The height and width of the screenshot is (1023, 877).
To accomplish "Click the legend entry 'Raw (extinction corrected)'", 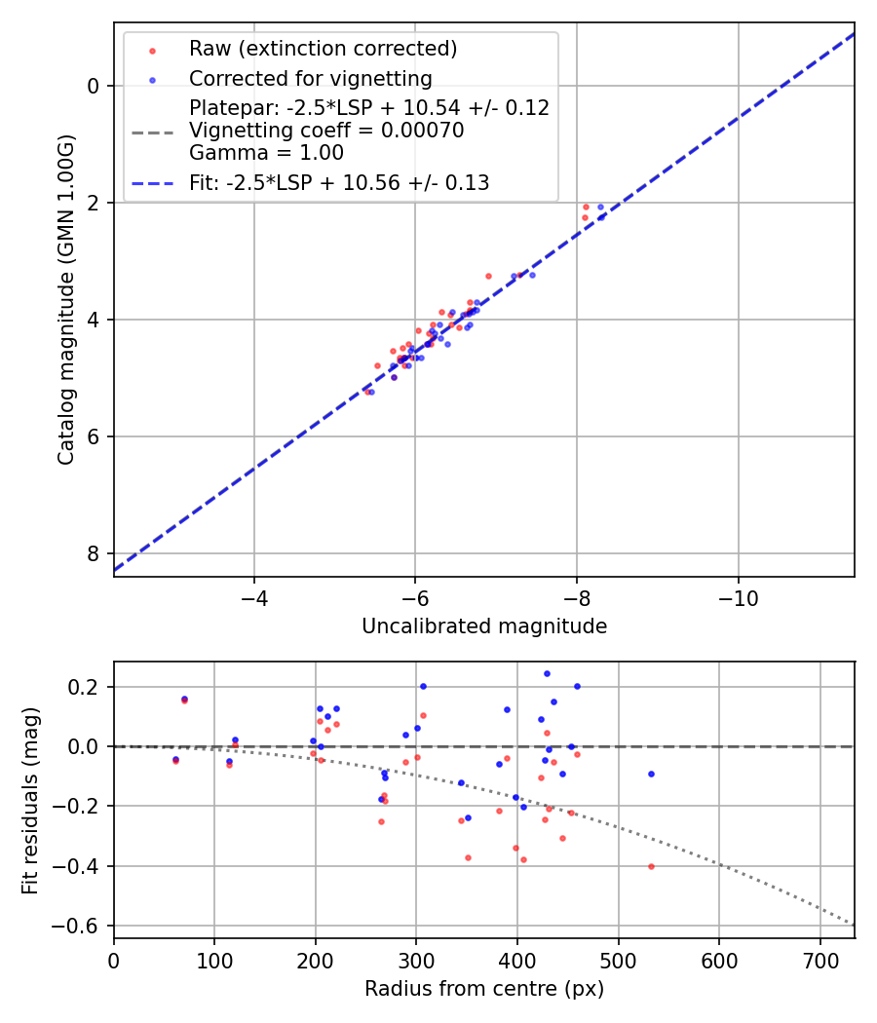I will click(323, 48).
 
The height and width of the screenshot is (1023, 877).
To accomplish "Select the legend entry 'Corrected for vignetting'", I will click(310, 78).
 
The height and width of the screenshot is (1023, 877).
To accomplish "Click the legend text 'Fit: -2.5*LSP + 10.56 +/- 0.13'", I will click(339, 182).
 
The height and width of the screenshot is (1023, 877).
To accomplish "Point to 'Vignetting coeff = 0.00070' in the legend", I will click(326, 131).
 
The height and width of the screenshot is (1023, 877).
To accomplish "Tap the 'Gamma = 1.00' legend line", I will click(266, 152).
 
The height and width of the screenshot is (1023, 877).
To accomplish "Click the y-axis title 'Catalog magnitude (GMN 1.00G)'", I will click(65, 299).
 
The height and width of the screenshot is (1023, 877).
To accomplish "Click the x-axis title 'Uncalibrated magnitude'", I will click(484, 626).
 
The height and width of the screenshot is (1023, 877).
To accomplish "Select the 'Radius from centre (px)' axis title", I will click(484, 989).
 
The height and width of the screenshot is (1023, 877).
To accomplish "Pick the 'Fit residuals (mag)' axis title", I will click(30, 800).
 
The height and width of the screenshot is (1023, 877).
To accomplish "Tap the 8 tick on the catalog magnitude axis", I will click(95, 553).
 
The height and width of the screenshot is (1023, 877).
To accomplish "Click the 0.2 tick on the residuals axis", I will click(90, 687).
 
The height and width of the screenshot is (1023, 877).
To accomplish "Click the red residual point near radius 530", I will click(651, 866).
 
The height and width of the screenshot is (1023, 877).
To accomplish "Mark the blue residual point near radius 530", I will click(651, 774).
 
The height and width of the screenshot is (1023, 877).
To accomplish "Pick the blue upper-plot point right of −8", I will click(600, 207).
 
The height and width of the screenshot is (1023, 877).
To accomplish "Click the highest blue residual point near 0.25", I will click(547, 673).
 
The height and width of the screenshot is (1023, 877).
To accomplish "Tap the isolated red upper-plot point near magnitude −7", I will click(489, 276).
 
